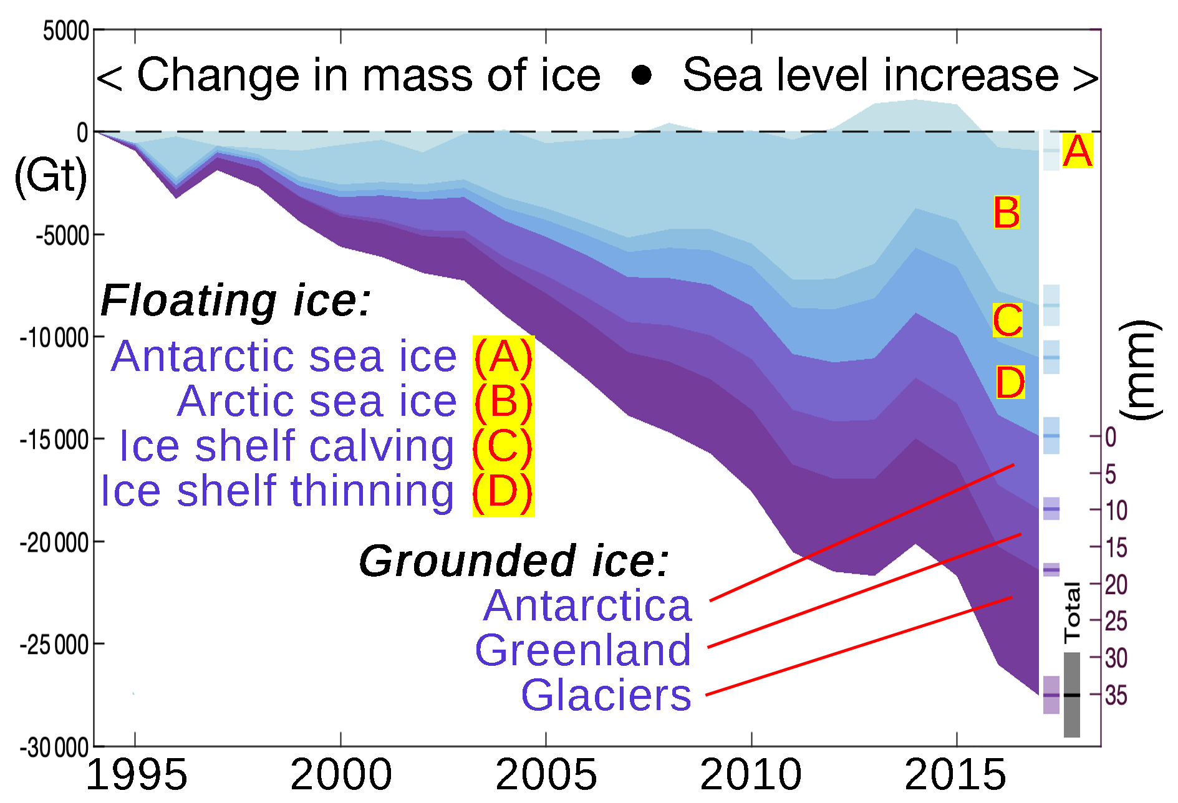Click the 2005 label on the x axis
tap(546, 774)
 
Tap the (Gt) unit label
tap(50, 176)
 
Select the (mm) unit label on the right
tap(1140, 370)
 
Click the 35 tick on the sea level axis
tap(1116, 695)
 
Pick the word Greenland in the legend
tap(583, 650)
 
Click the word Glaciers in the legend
tap(606, 695)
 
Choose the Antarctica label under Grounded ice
tap(587, 605)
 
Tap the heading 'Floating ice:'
tap(236, 301)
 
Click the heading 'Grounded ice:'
tap(514, 560)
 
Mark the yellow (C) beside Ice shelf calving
tap(503, 446)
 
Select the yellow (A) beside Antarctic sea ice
tap(503, 357)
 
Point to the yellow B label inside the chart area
tap(1007, 213)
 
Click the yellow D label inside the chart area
tap(1010, 382)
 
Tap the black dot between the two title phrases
tap(641, 75)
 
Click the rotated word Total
tap(1072, 613)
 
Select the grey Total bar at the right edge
tap(1072, 695)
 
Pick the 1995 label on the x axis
tap(136, 774)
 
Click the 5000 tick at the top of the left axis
tap(65, 31)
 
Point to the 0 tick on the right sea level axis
tap(1111, 437)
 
